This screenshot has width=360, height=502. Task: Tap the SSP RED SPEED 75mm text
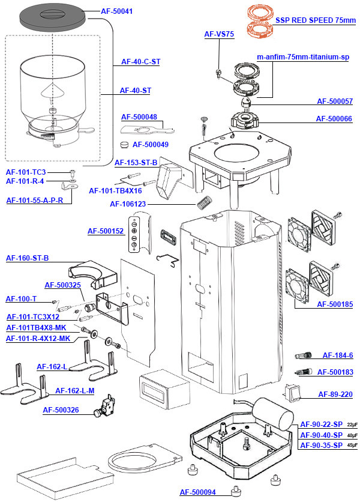316,20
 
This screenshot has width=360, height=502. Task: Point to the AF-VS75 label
219,34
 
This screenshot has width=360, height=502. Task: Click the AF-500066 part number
334,119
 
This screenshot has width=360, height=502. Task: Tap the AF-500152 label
106,231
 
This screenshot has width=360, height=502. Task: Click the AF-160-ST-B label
27,258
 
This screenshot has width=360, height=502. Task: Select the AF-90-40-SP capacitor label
321,435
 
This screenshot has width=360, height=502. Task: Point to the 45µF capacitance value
352,446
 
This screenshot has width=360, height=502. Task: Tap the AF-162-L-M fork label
74,391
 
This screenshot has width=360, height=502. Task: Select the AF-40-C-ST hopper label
140,61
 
